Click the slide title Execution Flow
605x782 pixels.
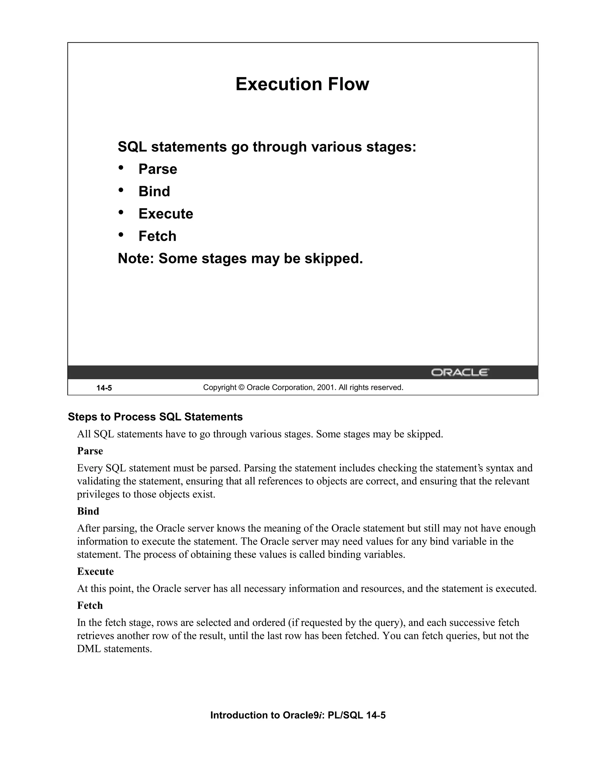pyautogui.click(x=302, y=84)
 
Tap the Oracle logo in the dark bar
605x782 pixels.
pyautogui.click(x=460, y=372)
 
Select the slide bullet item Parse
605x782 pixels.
pyautogui.click(x=158, y=169)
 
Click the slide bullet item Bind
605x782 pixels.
pyautogui.click(x=154, y=192)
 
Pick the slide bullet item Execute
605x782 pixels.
pyautogui.click(x=166, y=214)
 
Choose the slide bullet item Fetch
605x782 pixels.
pyautogui.click(x=157, y=236)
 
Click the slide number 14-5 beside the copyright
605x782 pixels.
pyautogui.click(x=104, y=388)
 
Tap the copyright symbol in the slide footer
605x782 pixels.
pyautogui.click(x=241, y=387)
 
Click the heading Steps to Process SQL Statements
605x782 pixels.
pyautogui.click(x=155, y=417)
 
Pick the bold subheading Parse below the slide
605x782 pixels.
pyautogui.click(x=90, y=451)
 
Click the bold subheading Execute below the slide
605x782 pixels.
pyautogui.click(x=95, y=572)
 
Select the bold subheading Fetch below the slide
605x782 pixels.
pyautogui.click(x=90, y=606)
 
